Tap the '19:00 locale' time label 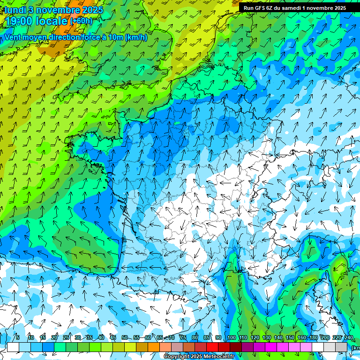[37, 21]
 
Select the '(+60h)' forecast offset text [81, 21]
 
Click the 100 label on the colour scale [231, 338]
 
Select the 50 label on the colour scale [125, 338]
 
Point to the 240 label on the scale [348, 338]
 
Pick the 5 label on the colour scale [18, 338]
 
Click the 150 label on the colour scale [290, 338]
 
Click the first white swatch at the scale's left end [13, 347]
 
